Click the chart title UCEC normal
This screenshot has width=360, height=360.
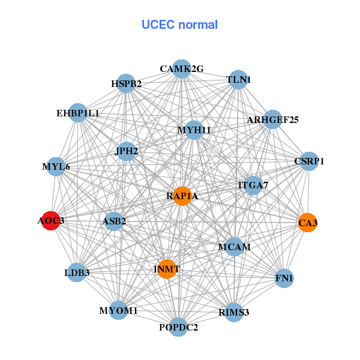[x=179, y=25]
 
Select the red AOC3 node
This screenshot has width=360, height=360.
[x=52, y=221]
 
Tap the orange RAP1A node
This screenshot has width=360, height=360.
[x=182, y=196]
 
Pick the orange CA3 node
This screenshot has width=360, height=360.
[x=307, y=223]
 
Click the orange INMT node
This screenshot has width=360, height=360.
[x=166, y=269]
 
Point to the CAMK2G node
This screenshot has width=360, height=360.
[x=181, y=69]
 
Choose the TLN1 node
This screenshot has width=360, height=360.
[x=239, y=80]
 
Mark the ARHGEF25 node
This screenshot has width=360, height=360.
[x=272, y=119]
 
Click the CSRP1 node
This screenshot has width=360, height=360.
[x=309, y=161]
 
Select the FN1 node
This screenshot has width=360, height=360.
[x=284, y=278]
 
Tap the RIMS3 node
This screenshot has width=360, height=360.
[x=233, y=312]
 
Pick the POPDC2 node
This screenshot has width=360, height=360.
[x=178, y=327]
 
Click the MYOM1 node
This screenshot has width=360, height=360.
[x=119, y=311]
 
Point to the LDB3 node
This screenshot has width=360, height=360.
[x=77, y=273]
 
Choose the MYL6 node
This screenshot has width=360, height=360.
[x=56, y=166]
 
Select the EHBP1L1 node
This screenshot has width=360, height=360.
[x=78, y=113]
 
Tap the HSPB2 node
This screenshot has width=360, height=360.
[x=126, y=83]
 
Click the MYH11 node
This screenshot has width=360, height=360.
[x=194, y=130]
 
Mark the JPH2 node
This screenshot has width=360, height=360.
[x=127, y=151]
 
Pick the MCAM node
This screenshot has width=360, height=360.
[x=234, y=247]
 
